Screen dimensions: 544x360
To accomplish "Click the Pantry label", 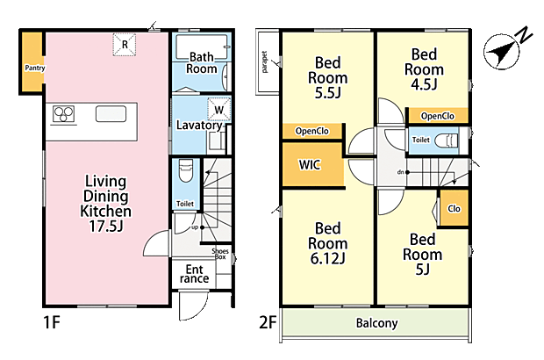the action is [35, 68].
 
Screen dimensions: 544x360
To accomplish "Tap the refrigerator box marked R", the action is [125, 45].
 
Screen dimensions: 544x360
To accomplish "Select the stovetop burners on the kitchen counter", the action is [63, 114].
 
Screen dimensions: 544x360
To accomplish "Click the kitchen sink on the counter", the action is [111, 114].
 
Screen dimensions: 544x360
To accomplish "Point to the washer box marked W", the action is [219, 110].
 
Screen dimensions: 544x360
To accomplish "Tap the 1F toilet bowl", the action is [186, 170].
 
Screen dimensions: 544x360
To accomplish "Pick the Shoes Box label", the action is [220, 254].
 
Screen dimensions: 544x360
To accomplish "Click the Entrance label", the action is [194, 274].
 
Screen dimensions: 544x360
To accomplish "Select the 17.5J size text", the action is [106, 226].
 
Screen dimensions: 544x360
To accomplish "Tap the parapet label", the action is [265, 62].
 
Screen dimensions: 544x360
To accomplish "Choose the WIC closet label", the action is [310, 164].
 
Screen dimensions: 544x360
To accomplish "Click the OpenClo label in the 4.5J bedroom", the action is [438, 116].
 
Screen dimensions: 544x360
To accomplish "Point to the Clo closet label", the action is [454, 209].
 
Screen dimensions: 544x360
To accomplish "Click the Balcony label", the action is [376, 323].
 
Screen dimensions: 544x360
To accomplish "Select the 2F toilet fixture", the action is [446, 140].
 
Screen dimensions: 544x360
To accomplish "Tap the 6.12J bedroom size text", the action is [327, 258].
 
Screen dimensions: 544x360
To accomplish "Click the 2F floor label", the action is [268, 322].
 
